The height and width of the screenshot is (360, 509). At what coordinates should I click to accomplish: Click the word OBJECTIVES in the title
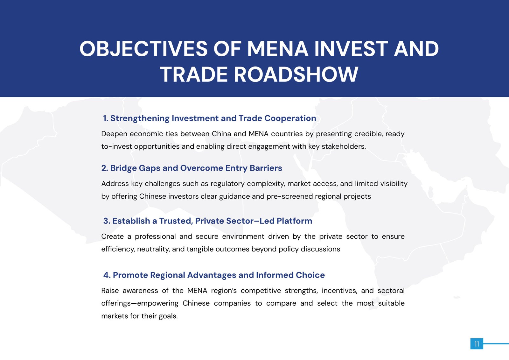click(143, 49)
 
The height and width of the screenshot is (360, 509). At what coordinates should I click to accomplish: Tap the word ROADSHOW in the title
click(296, 74)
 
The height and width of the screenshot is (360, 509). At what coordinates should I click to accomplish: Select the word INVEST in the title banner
click(350, 49)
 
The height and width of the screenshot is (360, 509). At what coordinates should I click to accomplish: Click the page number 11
click(476, 344)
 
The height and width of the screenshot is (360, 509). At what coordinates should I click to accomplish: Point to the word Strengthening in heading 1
click(140, 118)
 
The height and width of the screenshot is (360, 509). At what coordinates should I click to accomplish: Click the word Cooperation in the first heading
click(290, 118)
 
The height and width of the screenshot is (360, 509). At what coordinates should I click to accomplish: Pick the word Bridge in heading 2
click(123, 168)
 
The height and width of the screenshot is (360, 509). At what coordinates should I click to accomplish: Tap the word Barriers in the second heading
click(266, 168)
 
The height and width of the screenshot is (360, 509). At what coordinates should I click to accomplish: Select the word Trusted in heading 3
click(176, 221)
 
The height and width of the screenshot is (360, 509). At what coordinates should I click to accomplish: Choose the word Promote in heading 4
click(130, 275)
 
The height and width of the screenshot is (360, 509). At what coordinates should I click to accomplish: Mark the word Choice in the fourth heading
click(310, 275)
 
